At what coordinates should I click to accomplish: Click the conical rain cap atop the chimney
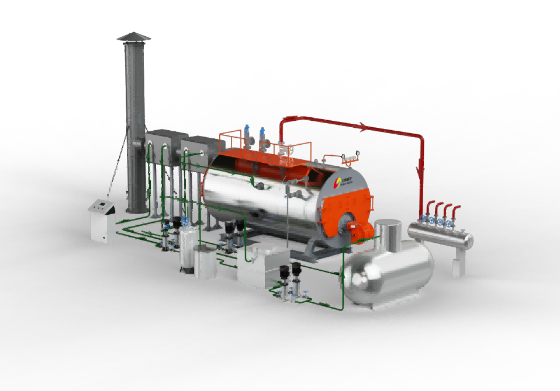click(x=133, y=37)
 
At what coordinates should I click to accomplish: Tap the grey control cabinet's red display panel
click(x=101, y=204)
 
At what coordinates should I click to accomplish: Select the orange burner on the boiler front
click(x=358, y=228)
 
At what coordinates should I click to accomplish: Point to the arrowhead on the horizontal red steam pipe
click(x=363, y=126)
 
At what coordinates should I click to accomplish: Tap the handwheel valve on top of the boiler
click(x=285, y=149)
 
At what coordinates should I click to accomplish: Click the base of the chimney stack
click(x=138, y=204)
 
